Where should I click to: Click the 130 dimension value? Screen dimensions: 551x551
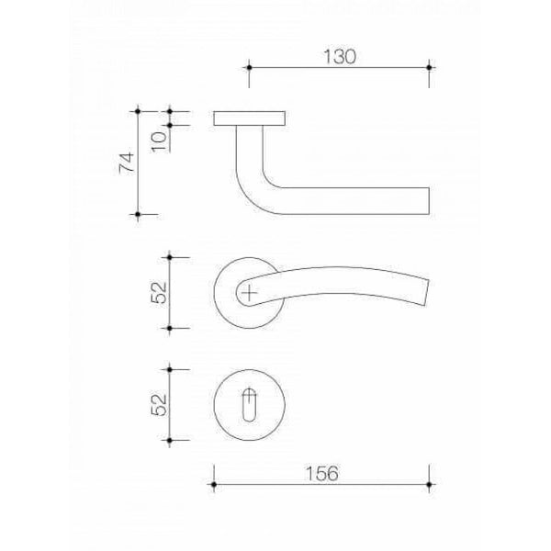coord(340,57)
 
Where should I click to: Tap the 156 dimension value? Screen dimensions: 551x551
coord(322,473)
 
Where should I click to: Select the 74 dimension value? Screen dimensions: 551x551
coord(127,163)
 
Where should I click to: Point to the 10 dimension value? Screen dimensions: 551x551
coord(159,141)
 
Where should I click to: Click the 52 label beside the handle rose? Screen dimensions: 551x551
coord(159,292)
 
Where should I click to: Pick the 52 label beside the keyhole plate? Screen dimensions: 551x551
coord(159,405)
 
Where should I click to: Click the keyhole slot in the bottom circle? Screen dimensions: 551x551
coord(249,405)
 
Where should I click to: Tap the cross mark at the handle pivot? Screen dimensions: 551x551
coord(249,292)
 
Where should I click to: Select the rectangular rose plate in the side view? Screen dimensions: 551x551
coord(250,118)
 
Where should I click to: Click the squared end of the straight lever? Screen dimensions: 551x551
coord(429,201)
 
